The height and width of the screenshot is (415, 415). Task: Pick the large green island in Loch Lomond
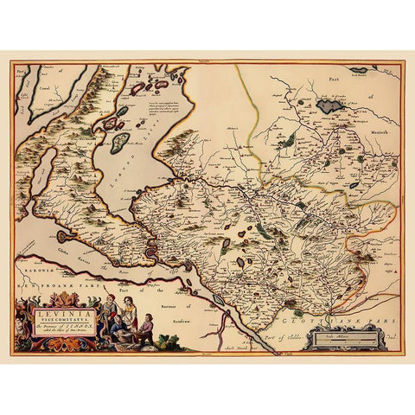[120, 142]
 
